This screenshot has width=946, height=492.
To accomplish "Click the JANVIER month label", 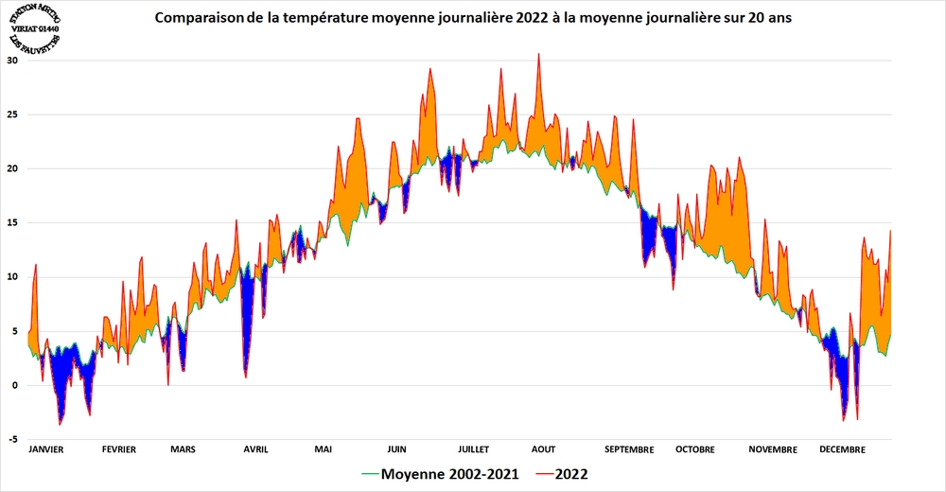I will pyautogui.click(x=46, y=449).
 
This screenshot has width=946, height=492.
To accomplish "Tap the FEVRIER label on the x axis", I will pyautogui.click(x=118, y=449).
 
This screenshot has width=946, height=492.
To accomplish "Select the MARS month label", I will pyautogui.click(x=183, y=449).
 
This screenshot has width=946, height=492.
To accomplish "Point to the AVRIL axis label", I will pyautogui.click(x=255, y=449).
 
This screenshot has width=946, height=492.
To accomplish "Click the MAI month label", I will pyautogui.click(x=324, y=449).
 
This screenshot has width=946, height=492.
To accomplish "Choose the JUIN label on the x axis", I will pyautogui.click(x=397, y=449).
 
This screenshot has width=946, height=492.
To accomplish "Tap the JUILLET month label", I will pyautogui.click(x=472, y=449).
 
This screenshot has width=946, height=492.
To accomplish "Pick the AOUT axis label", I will pyautogui.click(x=543, y=449).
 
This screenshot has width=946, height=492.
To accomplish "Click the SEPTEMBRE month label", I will pyautogui.click(x=628, y=449).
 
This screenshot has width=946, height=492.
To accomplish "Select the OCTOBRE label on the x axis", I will pyautogui.click(x=694, y=449).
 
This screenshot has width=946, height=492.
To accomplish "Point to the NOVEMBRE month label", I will pyautogui.click(x=773, y=449).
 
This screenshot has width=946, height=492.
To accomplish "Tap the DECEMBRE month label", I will pyautogui.click(x=842, y=449).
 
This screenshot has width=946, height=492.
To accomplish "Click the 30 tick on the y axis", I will pyautogui.click(x=13, y=60).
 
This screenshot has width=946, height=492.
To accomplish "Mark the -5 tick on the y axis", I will pyautogui.click(x=13, y=439).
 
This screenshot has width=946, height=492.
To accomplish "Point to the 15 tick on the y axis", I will pyautogui.click(x=13, y=222).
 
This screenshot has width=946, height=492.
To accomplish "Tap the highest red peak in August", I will pyautogui.click(x=538, y=54).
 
